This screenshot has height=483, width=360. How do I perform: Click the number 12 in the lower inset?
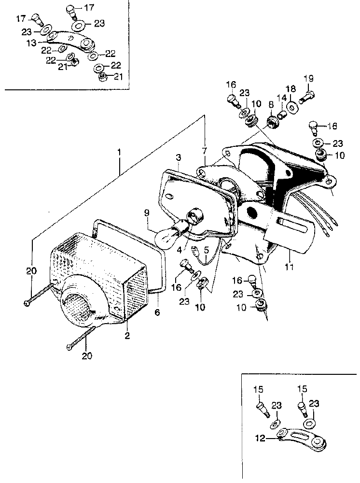tap(260, 439)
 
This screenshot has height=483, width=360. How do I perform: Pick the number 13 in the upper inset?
tap(31, 43)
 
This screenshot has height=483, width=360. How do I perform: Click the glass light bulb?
tap(166, 235)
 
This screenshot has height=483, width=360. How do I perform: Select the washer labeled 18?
tap(292, 107)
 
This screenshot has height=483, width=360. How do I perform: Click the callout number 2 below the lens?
tap(127, 336)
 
